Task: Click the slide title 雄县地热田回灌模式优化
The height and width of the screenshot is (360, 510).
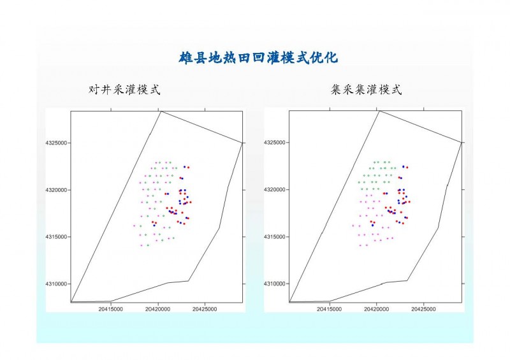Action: click(258, 58)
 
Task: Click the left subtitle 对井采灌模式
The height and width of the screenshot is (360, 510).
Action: click(124, 89)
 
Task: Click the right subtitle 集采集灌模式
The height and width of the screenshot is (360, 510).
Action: click(366, 89)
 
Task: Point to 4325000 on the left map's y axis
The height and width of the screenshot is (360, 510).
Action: click(56, 143)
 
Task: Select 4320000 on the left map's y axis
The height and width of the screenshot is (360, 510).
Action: click(56, 190)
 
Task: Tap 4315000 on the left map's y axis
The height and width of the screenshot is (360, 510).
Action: click(56, 237)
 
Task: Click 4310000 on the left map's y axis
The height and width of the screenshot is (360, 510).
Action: click(56, 284)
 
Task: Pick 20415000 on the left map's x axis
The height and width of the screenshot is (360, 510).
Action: click(110, 309)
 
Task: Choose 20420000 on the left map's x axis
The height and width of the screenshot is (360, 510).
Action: click(157, 309)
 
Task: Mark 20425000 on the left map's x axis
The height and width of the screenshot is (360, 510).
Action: click(205, 309)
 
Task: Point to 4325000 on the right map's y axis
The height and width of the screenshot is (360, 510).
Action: click(275, 143)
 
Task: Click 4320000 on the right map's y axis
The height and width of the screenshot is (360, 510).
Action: click(275, 190)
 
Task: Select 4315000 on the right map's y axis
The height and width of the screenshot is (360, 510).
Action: click(275, 237)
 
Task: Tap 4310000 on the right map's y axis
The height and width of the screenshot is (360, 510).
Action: click(275, 284)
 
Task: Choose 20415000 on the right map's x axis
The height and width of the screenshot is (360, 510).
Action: click(329, 309)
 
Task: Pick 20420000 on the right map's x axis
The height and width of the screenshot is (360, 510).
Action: click(376, 309)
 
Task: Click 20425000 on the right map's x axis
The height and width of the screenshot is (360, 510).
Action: click(423, 309)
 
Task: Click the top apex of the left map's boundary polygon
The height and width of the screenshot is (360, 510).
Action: click(161, 112)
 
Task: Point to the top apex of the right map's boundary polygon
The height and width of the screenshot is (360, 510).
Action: click(379, 111)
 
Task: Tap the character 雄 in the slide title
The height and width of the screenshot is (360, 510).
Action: click(186, 58)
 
